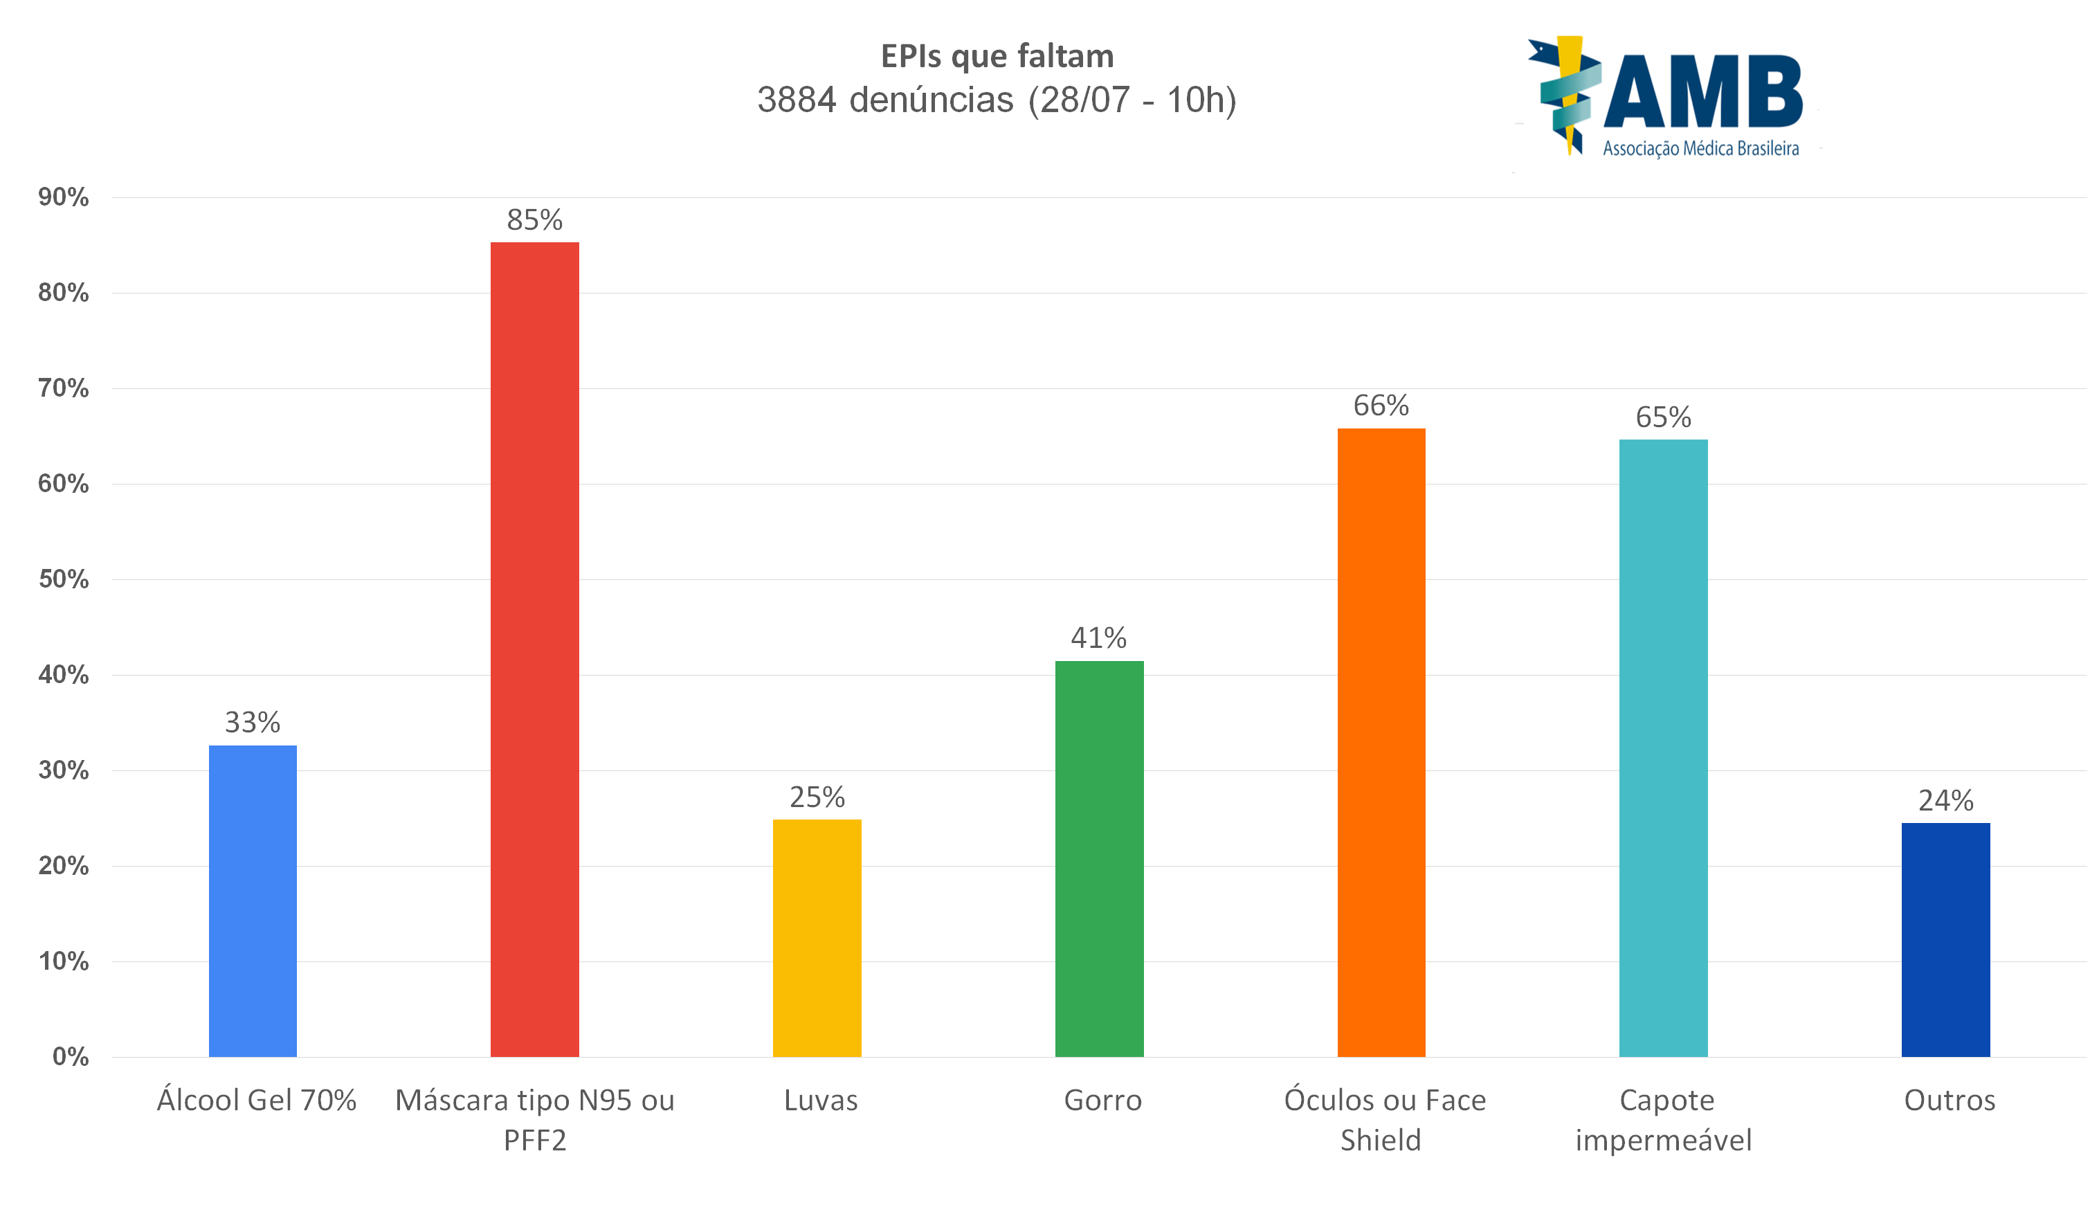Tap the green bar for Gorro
point(1099,858)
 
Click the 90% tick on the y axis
point(63,197)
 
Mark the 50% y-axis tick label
point(63,579)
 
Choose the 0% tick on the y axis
point(70,1057)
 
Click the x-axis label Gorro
point(1102,1100)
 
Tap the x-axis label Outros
point(1949,1100)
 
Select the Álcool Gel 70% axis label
point(257,1100)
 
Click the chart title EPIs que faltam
point(997,56)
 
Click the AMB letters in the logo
point(1702,91)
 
